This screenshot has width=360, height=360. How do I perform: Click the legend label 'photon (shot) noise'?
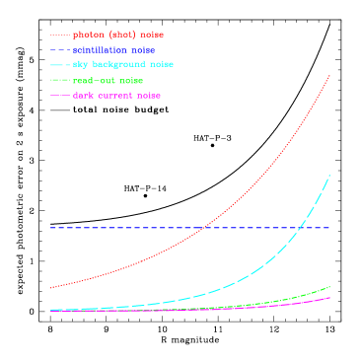[x=118, y=35]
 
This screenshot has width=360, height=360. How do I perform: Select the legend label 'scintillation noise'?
[x=113, y=49]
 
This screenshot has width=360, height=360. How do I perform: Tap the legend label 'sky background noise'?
[x=123, y=64]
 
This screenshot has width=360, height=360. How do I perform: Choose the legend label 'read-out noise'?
[x=108, y=80]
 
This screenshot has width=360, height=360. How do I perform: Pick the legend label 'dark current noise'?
[x=116, y=96]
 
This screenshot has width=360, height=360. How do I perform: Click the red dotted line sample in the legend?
[x=60, y=35]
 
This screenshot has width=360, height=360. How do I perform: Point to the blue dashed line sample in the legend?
[x=60, y=49]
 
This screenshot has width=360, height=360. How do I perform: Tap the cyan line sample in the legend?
[x=60, y=65]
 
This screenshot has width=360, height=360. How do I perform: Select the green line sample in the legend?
[x=60, y=80]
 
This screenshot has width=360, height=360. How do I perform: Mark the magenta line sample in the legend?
[x=60, y=96]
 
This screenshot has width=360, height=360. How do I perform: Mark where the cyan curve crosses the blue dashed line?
[x=302, y=228]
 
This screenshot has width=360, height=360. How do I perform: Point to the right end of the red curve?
[x=329, y=75]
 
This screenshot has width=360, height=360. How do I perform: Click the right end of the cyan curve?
[x=329, y=175]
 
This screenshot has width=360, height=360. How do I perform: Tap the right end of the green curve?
[x=329, y=287]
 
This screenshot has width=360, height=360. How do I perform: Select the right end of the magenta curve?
[x=329, y=297]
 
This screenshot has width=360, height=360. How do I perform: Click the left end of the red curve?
[x=50, y=288]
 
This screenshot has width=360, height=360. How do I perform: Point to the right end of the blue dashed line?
[x=329, y=228]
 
